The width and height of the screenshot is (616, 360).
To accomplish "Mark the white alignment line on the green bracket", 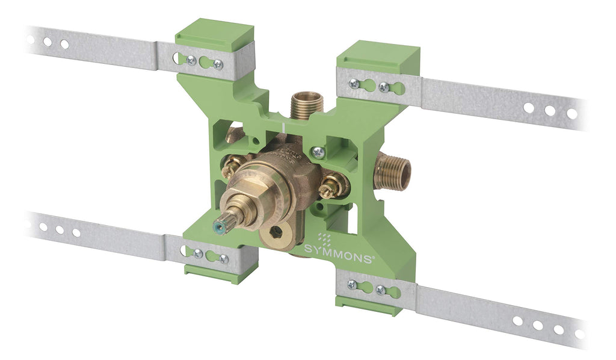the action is [x=283, y=128].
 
